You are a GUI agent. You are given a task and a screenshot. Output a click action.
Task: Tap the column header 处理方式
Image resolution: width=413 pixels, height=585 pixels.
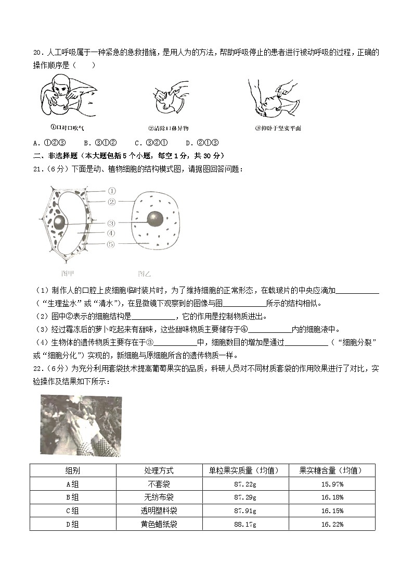159,470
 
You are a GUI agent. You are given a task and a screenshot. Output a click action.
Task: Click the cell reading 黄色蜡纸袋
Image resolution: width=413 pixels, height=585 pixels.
159,524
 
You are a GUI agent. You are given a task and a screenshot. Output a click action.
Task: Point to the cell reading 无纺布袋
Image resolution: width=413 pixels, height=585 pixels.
159,497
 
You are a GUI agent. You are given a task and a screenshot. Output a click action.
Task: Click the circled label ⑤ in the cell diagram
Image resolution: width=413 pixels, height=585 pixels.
111,244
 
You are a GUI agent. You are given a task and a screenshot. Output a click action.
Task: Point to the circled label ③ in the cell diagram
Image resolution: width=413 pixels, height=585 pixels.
111,223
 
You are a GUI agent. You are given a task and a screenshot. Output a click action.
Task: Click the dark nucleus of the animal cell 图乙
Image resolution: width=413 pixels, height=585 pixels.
155,219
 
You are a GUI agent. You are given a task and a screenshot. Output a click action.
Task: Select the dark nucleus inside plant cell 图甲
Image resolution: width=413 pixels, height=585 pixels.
61,222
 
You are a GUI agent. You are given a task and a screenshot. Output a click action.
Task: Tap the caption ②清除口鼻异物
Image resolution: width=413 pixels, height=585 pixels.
168,128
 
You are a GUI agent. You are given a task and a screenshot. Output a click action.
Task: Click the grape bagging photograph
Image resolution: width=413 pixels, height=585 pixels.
80,425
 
